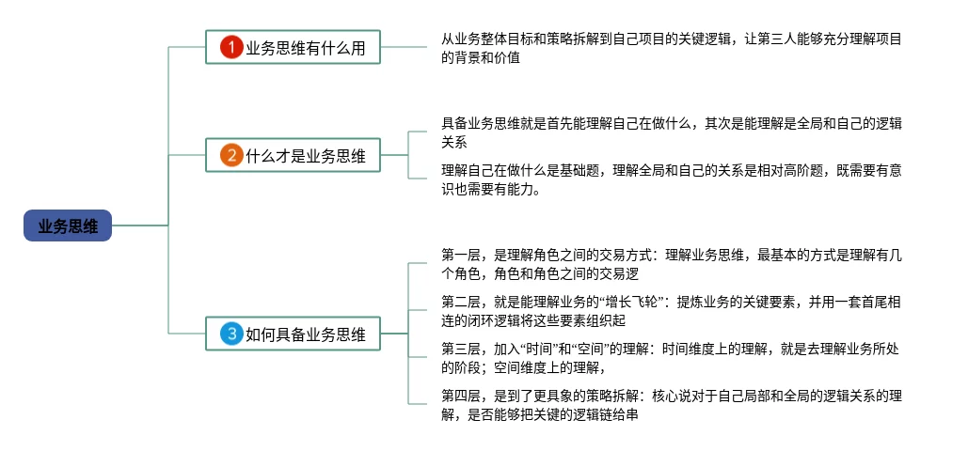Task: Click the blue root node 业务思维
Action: (x=68, y=225)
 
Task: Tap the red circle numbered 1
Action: (x=231, y=47)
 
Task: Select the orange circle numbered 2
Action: (x=231, y=155)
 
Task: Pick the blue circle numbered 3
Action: (x=231, y=334)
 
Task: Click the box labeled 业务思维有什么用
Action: (x=294, y=47)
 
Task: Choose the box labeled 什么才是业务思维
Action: (x=294, y=155)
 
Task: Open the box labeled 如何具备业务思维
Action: (x=294, y=334)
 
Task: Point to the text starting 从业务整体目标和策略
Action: (x=672, y=49)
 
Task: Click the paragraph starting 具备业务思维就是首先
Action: (x=672, y=132)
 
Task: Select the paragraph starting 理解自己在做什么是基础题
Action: (x=672, y=179)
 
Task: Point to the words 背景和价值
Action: (x=487, y=58)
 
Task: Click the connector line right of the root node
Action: (x=140, y=225)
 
